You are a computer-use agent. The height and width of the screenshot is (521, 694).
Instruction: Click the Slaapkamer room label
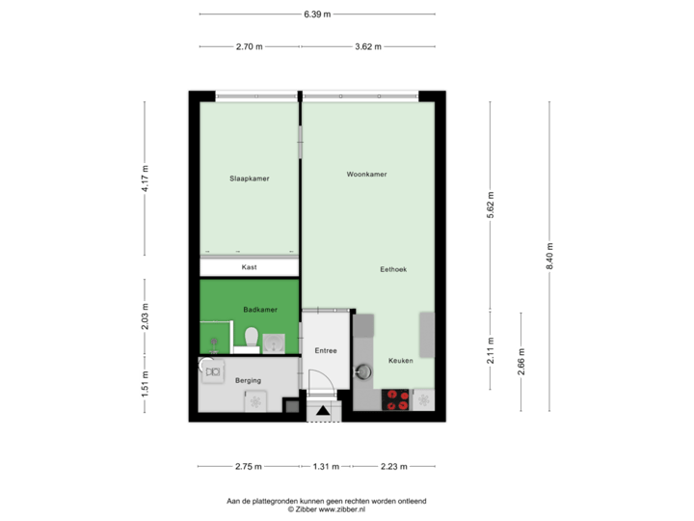pyautogui.click(x=249, y=178)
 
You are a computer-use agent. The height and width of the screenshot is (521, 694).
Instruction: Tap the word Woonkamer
pyautogui.click(x=367, y=175)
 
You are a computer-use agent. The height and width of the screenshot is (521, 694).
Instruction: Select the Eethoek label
pyautogui.click(x=392, y=270)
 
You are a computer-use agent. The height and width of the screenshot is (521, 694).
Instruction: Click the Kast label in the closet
pyautogui.click(x=249, y=268)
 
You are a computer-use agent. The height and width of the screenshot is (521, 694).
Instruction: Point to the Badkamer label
pyautogui.click(x=260, y=310)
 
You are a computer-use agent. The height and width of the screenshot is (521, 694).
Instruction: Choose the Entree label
pyautogui.click(x=326, y=350)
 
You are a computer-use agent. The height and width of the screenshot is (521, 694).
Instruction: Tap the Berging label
pyautogui.click(x=249, y=381)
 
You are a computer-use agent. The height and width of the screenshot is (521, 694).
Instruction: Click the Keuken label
pyautogui.click(x=400, y=360)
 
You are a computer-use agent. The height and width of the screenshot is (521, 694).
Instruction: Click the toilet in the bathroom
pyautogui.click(x=251, y=338)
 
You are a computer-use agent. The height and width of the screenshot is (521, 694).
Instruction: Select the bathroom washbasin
pyautogui.click(x=275, y=341)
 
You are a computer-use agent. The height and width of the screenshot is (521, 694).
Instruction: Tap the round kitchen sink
pyautogui.click(x=363, y=370)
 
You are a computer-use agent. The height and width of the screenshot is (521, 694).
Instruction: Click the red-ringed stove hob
pyautogui.click(x=396, y=399)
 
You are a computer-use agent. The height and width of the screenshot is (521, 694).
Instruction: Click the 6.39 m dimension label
pyautogui.click(x=317, y=14)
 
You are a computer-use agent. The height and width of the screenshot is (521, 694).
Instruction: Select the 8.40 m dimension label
pyautogui.click(x=550, y=256)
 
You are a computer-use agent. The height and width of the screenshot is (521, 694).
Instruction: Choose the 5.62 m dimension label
pyautogui.click(x=491, y=204)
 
